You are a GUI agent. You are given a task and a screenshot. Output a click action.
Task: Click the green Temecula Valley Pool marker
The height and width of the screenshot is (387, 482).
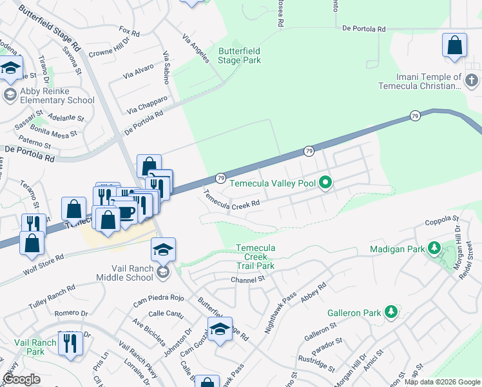(326, 184)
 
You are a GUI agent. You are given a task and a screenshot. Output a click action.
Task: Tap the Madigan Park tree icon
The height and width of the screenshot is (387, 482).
(435, 248)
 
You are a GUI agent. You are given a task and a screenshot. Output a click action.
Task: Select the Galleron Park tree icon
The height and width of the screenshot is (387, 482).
(390, 312)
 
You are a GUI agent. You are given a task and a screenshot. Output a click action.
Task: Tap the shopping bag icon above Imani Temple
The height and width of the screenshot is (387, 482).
(455, 46)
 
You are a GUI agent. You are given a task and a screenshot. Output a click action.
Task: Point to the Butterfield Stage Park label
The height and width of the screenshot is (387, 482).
(240, 55)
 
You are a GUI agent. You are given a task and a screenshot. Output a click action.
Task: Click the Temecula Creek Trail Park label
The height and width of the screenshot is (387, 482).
(255, 257)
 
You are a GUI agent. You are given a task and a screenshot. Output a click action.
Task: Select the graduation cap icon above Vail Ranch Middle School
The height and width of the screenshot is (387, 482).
(164, 250)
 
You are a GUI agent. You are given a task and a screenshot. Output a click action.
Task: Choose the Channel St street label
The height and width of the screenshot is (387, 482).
(248, 279)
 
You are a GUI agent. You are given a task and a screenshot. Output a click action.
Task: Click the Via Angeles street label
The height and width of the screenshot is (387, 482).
(195, 48)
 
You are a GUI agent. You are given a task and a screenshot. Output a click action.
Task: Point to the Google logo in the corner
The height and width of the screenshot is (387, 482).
(21, 379)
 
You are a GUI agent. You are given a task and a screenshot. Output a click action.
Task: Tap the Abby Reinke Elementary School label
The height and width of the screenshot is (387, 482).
(57, 95)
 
